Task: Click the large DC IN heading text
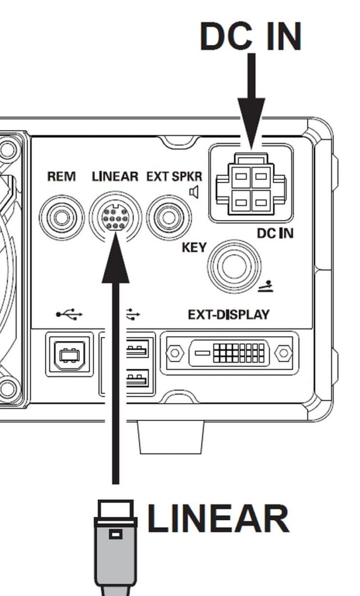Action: (x=250, y=37)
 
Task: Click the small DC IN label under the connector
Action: (x=275, y=233)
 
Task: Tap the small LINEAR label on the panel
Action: (x=114, y=177)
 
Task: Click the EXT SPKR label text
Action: (x=174, y=177)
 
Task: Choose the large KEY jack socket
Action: (x=235, y=267)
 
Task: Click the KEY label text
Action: (x=194, y=247)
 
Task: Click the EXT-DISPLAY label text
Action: (x=229, y=315)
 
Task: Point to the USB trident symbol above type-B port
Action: (x=69, y=315)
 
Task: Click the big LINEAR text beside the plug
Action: (x=218, y=519)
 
